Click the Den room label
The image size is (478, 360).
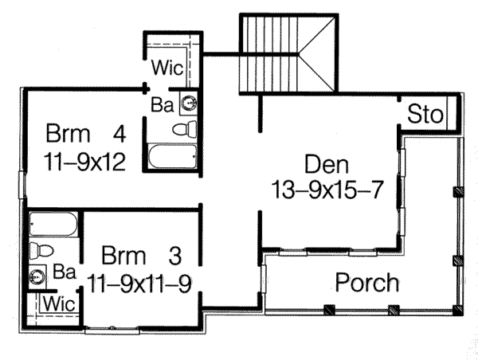click(327, 166)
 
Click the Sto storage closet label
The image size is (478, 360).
click(425, 115)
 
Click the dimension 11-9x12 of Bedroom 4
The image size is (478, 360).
click(84, 162)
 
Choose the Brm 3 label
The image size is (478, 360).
click(143, 256)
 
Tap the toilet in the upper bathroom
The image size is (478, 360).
click(185, 129)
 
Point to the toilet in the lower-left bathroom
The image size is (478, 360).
click(41, 250)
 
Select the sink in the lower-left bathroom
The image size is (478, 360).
click(37, 277)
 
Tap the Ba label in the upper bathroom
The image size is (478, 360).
click(161, 104)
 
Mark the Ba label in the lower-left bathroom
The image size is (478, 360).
click(65, 272)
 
